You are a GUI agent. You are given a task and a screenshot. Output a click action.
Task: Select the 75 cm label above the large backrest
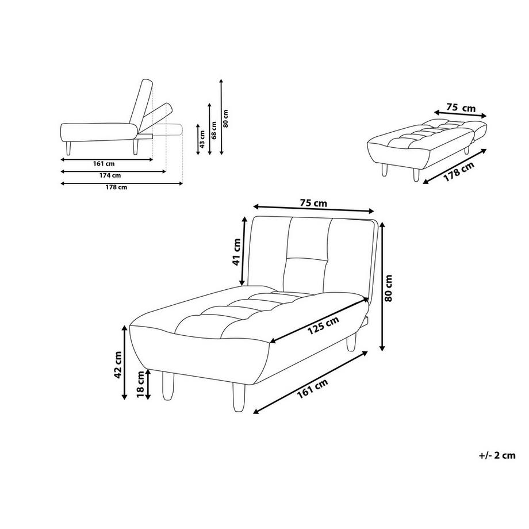(x=313, y=202)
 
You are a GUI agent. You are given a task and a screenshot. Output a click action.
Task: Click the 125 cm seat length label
(x=322, y=327)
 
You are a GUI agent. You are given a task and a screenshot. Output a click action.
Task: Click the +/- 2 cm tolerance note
(x=496, y=455)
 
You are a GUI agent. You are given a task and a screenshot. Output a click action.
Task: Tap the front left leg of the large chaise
(x=168, y=385)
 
